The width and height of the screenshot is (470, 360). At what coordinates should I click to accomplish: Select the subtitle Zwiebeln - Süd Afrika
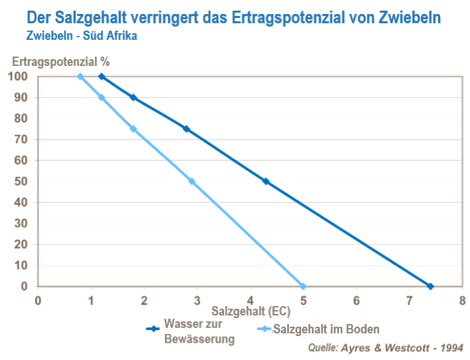(x=82, y=35)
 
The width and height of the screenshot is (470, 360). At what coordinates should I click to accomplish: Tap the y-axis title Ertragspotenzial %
(x=60, y=61)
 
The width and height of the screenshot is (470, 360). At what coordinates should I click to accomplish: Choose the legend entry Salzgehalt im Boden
(x=326, y=329)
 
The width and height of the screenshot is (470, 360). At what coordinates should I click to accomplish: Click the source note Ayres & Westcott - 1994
(x=386, y=347)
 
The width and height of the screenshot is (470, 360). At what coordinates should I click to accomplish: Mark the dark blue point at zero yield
(x=430, y=286)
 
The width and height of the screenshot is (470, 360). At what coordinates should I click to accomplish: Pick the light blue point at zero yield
(x=303, y=286)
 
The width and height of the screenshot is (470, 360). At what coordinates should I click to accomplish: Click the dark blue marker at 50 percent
(x=266, y=181)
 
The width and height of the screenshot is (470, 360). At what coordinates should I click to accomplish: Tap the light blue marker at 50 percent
(x=191, y=181)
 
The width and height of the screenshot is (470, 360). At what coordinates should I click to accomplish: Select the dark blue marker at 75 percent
(x=186, y=129)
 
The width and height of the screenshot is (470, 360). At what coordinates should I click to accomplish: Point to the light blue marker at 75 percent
(x=133, y=129)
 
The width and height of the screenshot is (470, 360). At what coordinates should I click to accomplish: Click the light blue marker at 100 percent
(x=80, y=77)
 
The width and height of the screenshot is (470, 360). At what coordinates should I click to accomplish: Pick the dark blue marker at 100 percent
(x=102, y=77)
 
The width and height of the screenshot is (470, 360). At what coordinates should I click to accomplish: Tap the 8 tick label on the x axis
(x=462, y=299)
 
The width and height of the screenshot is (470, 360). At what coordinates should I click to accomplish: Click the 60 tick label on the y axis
(x=21, y=160)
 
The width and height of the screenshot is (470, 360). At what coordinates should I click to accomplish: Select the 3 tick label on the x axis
(x=197, y=299)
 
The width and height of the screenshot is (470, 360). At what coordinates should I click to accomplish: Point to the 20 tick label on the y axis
(x=21, y=244)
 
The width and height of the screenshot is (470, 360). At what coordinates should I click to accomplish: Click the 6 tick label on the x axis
(x=356, y=299)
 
